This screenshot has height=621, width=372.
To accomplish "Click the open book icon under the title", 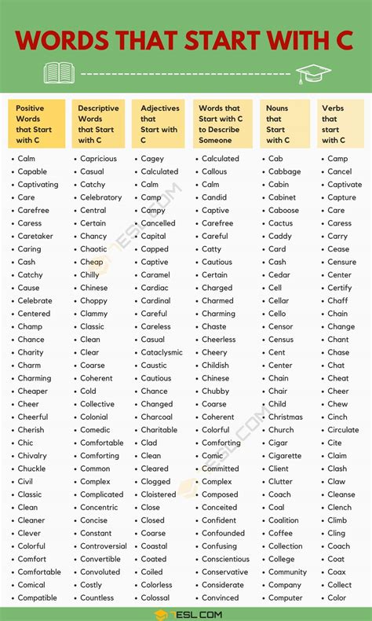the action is coord(59,73).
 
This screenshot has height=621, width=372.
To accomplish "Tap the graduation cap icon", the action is coord(313,74).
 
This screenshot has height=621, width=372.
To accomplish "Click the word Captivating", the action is coord(38,185).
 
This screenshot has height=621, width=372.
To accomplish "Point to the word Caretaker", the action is coord(35,236).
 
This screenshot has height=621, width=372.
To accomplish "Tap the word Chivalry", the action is coord(32,456).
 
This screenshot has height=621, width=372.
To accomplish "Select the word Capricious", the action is coord(98,159).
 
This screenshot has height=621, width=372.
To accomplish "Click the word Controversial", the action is coord(103,546).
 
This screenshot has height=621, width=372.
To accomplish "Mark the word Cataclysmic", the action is coord(162,353).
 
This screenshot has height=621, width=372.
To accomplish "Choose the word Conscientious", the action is coord(225,560).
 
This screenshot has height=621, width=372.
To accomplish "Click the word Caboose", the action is coord(283,211).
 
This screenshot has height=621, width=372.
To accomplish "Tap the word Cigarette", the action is coord(284,456).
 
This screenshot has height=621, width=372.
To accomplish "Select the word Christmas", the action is coord(285,417).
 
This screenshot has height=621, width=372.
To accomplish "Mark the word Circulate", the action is coord(343,430).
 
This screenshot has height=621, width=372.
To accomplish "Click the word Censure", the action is coord(341,263).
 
